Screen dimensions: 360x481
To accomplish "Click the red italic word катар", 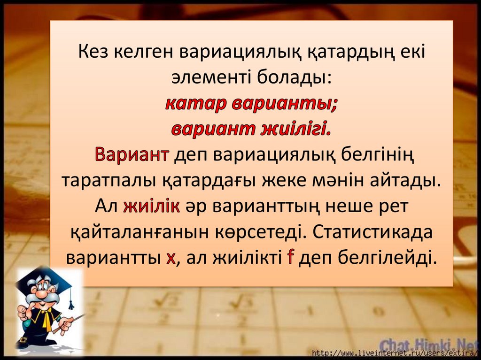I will (195, 103).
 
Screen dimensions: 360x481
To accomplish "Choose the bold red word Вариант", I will (132, 154).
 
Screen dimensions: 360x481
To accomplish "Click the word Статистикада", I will (371, 232).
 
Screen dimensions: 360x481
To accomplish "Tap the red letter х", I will (171, 258).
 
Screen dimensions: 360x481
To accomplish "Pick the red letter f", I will (290, 258).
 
